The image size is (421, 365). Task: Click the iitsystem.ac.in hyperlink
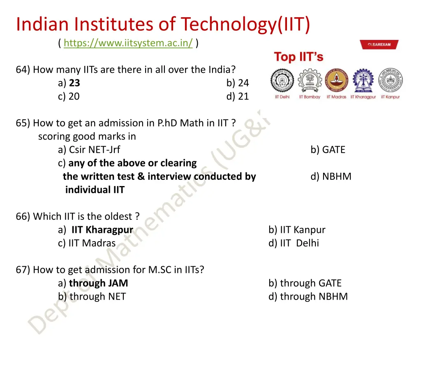[128, 43]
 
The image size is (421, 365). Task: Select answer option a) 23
[69, 83]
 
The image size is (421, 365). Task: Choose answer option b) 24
[238, 83]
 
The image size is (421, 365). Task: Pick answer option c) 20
[69, 96]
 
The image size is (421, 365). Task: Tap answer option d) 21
[238, 96]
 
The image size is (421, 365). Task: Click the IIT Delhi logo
[282, 81]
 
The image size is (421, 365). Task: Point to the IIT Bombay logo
[310, 81]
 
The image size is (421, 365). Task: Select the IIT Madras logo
[336, 81]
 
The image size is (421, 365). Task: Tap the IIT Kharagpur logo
[363, 81]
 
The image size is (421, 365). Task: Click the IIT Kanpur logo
[390, 81]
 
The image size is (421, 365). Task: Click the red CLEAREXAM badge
[379, 45]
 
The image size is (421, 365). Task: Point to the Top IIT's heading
[299, 57]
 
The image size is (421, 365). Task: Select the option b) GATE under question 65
[328, 150]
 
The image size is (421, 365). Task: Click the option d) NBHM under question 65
[331, 177]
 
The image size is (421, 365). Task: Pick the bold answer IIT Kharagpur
[102, 230]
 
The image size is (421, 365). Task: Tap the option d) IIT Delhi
[294, 243]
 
